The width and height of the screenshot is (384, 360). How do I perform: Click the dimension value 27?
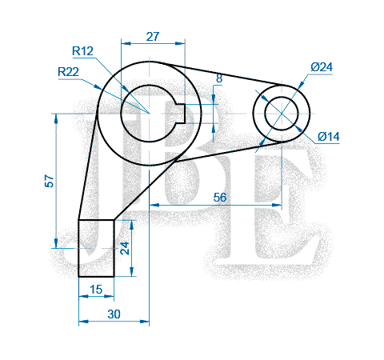[x=153, y=36]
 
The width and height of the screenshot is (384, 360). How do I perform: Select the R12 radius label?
[x=83, y=51]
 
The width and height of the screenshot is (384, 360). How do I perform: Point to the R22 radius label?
[x=69, y=72]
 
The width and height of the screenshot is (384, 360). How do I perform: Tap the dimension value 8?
[x=219, y=78]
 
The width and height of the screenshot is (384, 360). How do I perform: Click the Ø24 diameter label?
[x=321, y=67]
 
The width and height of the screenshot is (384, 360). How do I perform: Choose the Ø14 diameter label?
[x=329, y=137]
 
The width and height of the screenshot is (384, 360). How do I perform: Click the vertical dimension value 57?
[x=50, y=182]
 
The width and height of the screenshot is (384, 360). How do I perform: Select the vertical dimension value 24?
[x=124, y=247]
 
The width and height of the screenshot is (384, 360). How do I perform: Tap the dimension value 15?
[x=96, y=290]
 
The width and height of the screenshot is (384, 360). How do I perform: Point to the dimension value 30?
[x=114, y=314]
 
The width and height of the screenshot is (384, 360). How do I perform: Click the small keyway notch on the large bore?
[x=182, y=113]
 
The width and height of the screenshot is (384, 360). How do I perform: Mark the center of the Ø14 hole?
[x=282, y=113]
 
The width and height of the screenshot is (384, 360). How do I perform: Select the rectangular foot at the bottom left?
[x=96, y=248]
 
